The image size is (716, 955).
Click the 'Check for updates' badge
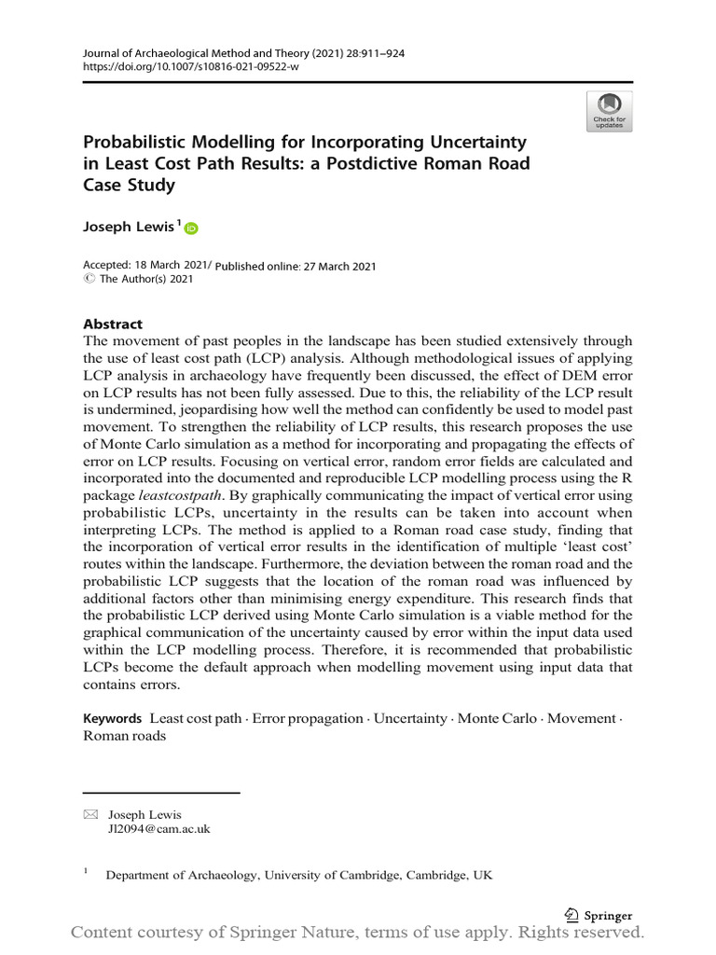pos(610,111)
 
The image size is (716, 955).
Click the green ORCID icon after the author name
pos(191,228)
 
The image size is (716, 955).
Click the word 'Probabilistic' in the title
pos(138,143)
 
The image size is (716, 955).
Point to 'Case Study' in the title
pos(130,185)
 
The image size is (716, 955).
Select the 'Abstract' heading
pos(113,324)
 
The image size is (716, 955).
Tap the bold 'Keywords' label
pos(112,718)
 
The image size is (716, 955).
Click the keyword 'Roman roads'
pos(125,736)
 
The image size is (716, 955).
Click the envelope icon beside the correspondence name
pos(90,814)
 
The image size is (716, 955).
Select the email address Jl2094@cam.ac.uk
pos(159,829)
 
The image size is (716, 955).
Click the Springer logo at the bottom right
pos(599,915)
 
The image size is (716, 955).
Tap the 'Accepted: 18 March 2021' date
pos(145,266)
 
